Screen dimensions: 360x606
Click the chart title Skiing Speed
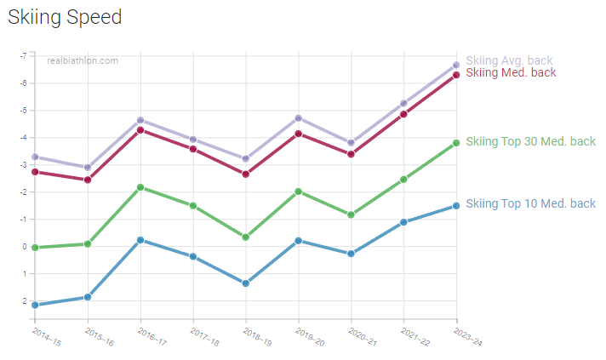click(x=65, y=17)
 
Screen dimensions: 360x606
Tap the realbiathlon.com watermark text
click(x=83, y=60)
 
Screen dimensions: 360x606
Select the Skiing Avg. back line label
click(x=509, y=60)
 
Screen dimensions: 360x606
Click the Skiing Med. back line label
click(x=511, y=73)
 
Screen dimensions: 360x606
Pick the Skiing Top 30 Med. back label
click(x=530, y=141)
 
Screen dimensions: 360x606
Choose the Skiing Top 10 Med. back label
click(x=530, y=203)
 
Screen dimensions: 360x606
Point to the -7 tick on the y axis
click(x=22, y=55)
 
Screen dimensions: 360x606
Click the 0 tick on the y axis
click(x=24, y=247)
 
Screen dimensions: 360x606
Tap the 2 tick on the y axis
click(x=24, y=301)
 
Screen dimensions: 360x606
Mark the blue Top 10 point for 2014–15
click(x=35, y=305)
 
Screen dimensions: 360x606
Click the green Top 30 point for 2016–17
click(x=140, y=187)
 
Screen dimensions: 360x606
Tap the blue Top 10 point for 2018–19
click(x=246, y=283)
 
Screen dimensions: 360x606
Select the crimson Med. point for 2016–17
click(x=140, y=130)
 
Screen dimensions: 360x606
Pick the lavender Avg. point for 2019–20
click(x=299, y=118)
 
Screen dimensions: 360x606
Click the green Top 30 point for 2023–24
click(x=456, y=143)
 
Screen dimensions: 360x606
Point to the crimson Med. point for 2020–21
click(x=351, y=154)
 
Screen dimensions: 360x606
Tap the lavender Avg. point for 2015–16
click(x=88, y=168)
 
